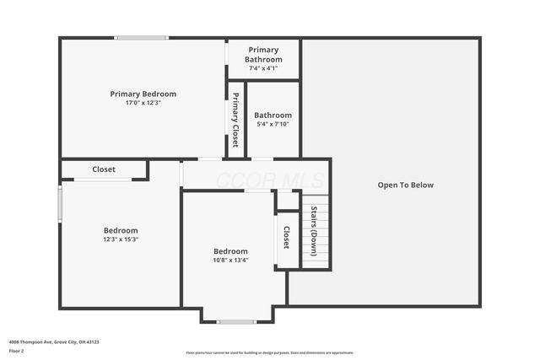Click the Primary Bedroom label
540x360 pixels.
[143, 94]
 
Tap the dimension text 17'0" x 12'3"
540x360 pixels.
[143, 103]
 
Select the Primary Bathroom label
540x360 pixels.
[262, 55]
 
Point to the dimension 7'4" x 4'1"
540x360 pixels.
[262, 68]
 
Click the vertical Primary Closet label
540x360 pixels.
[235, 119]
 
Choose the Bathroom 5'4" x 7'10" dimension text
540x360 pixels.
[273, 125]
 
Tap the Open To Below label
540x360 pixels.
[405, 185]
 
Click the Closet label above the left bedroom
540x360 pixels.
[104, 169]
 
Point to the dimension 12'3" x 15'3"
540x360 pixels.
[121, 239]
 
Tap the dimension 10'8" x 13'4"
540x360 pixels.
[230, 261]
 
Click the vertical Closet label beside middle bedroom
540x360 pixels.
[286, 238]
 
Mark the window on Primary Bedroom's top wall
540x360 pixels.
[142, 37]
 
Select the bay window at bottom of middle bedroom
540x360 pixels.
[236, 321]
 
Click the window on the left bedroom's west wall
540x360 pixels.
[59, 203]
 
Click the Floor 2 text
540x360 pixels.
[17, 350]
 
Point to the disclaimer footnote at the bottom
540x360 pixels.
[269, 352]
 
